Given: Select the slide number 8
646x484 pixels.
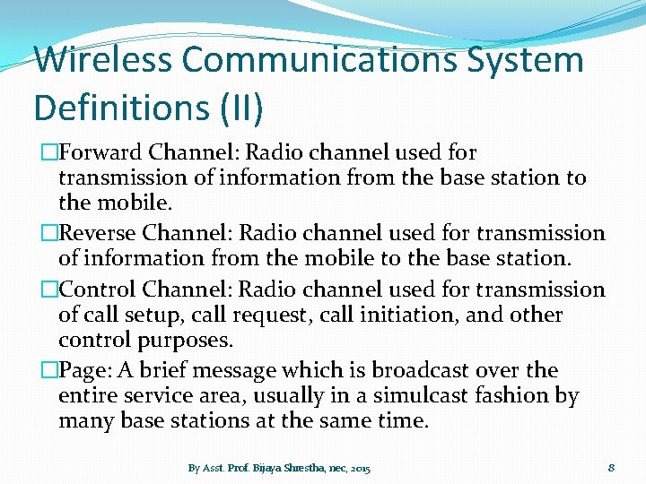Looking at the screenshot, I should point(611,467).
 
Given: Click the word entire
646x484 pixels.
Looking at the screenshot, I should point(88,395).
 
